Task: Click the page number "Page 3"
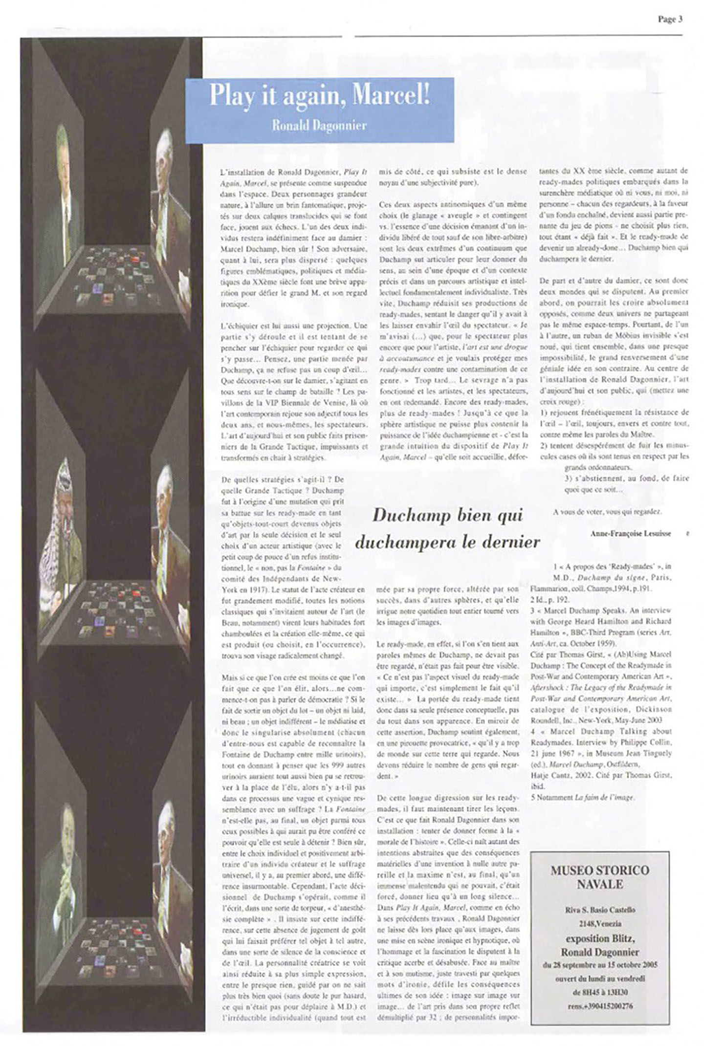tap(670, 20)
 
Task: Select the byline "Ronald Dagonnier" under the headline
tap(319, 126)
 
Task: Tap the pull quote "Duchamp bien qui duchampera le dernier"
tap(447, 528)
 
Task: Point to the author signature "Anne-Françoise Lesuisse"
tap(630, 533)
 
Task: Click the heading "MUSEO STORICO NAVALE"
tap(599, 877)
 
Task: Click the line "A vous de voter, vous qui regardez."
tap(607, 512)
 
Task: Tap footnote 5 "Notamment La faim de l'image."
tap(582, 797)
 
